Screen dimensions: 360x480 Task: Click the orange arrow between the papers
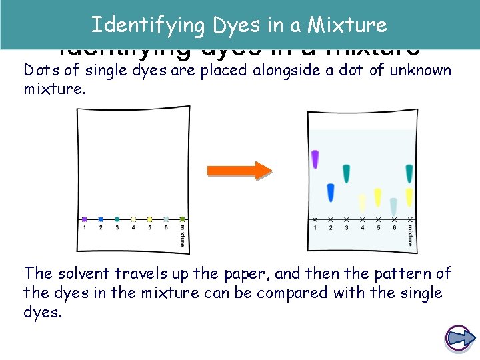(x=239, y=170)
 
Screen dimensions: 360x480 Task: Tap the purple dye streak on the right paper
(x=315, y=159)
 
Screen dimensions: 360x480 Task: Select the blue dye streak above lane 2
(x=331, y=192)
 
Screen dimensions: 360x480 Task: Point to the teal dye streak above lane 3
(x=346, y=173)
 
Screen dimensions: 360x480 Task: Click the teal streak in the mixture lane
(x=409, y=173)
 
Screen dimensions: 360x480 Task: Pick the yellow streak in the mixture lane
(x=409, y=197)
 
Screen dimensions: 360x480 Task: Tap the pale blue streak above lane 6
(x=393, y=207)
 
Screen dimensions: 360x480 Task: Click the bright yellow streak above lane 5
(x=377, y=197)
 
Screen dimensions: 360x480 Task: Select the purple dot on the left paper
(x=85, y=219)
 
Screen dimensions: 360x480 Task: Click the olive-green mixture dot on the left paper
(x=182, y=219)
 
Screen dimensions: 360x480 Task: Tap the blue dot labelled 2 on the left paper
(x=101, y=219)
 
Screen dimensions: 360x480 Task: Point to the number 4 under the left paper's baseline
(x=133, y=227)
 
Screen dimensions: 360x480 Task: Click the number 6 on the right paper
(x=394, y=227)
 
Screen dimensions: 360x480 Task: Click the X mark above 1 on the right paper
(x=315, y=219)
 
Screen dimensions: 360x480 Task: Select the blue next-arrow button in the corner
(x=459, y=338)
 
